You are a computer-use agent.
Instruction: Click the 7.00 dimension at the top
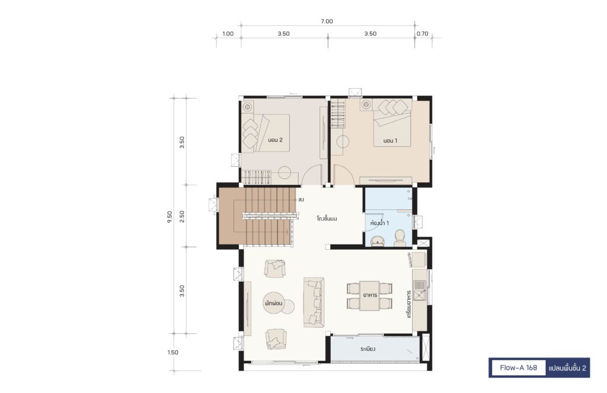(327, 21)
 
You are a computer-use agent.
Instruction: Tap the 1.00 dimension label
(228, 34)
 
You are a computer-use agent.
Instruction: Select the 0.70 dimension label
(422, 34)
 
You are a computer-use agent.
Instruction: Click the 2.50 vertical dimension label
(182, 217)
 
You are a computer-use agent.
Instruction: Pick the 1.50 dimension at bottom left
(173, 352)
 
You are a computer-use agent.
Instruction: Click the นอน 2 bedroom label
(275, 140)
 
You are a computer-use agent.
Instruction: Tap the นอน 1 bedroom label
(390, 141)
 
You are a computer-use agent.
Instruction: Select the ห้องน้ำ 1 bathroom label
(379, 223)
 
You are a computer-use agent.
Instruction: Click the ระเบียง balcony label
(368, 349)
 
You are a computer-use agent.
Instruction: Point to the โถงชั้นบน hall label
(327, 218)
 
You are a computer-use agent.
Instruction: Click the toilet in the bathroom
(400, 238)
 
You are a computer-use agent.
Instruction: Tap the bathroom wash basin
(378, 241)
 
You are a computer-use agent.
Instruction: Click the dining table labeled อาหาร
(369, 296)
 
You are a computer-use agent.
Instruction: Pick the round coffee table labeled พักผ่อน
(274, 304)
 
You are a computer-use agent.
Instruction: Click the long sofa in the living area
(314, 302)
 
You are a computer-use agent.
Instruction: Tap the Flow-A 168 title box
(518, 368)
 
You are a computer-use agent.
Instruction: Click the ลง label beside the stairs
(301, 200)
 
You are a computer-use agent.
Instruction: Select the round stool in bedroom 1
(343, 142)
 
